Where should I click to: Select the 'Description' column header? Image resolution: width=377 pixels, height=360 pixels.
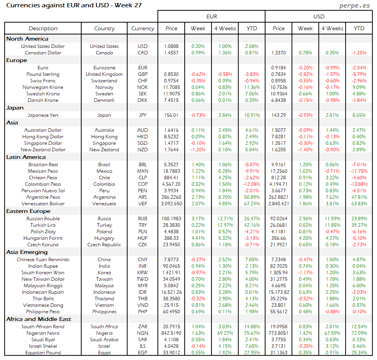pyautogui.click(x=43, y=28)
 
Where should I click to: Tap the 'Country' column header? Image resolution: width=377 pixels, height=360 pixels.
pyautogui.click(x=104, y=28)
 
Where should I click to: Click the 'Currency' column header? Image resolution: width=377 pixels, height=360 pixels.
pyautogui.click(x=143, y=28)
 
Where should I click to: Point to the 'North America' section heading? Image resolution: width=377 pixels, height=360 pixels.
pyautogui.click(x=27, y=39)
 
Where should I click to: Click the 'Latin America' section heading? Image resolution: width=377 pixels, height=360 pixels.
pyautogui.click(x=26, y=157)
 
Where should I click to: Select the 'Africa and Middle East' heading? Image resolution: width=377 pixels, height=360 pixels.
pyautogui.click(x=39, y=319)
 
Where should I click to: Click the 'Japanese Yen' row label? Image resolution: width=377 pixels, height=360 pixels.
pyautogui.click(x=43, y=115)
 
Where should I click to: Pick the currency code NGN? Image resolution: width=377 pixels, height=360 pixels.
pyautogui.click(x=143, y=333)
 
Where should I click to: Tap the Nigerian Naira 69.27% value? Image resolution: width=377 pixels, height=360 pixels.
pyautogui.click(x=225, y=333)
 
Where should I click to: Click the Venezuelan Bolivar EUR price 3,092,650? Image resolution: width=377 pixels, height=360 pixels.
pyautogui.click(x=171, y=204)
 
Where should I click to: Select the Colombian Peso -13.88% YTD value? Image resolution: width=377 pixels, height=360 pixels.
pyautogui.click(x=359, y=184)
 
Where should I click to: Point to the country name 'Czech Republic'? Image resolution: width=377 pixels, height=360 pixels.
pyautogui.click(x=104, y=245)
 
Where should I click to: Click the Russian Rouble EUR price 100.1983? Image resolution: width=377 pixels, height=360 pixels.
pyautogui.click(x=171, y=219)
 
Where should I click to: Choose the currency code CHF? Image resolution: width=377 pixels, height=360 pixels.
pyautogui.click(x=143, y=81)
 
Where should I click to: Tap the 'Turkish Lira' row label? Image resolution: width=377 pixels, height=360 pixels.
pyautogui.click(x=43, y=225)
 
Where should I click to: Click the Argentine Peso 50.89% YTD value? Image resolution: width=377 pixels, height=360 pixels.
pyautogui.click(x=252, y=197)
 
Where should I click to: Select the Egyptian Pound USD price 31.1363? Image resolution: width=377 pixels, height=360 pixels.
pyautogui.click(x=279, y=353)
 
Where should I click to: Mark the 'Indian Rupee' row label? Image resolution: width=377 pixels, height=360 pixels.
pyautogui.click(x=43, y=266)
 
